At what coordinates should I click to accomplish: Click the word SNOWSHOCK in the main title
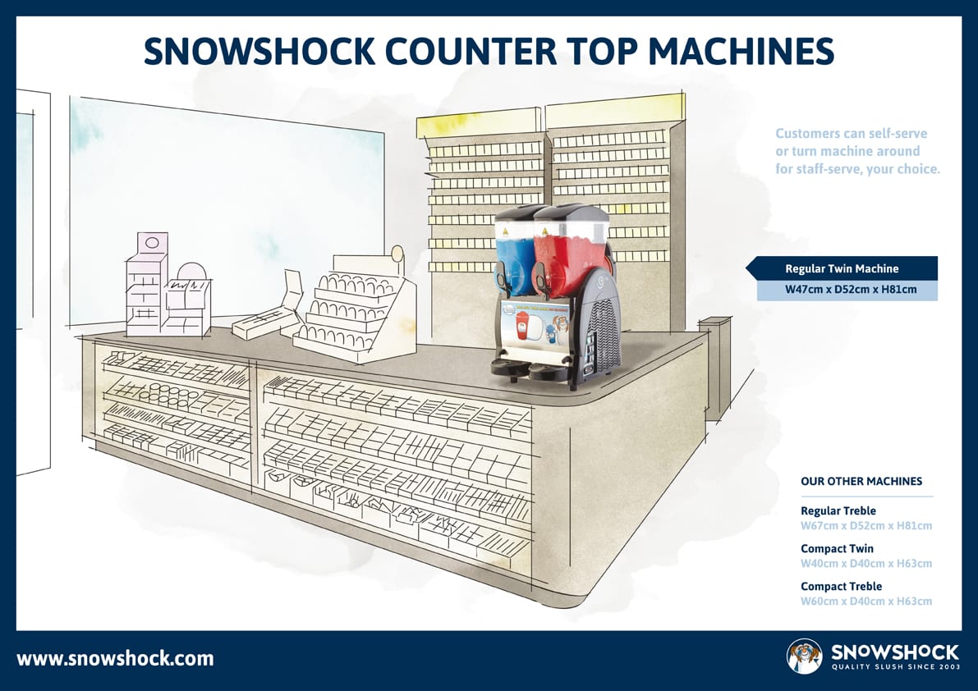tap(259, 51)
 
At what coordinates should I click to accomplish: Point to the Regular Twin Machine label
tap(842, 268)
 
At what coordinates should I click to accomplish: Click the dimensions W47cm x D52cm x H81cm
tap(851, 289)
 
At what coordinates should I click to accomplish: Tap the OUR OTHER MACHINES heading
tap(861, 481)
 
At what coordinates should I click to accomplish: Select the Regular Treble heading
tap(838, 511)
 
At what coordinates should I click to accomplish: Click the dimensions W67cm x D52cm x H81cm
tap(866, 526)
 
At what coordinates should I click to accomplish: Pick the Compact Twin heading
tap(837, 549)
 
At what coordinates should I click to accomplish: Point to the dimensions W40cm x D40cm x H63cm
tap(866, 564)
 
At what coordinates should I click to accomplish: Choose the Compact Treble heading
tap(841, 587)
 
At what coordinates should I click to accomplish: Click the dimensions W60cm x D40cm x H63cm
tap(866, 602)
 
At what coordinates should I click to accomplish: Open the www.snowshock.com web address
tap(115, 659)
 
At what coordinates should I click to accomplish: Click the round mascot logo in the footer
tap(805, 656)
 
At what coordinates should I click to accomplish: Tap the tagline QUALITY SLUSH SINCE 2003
tap(895, 667)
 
